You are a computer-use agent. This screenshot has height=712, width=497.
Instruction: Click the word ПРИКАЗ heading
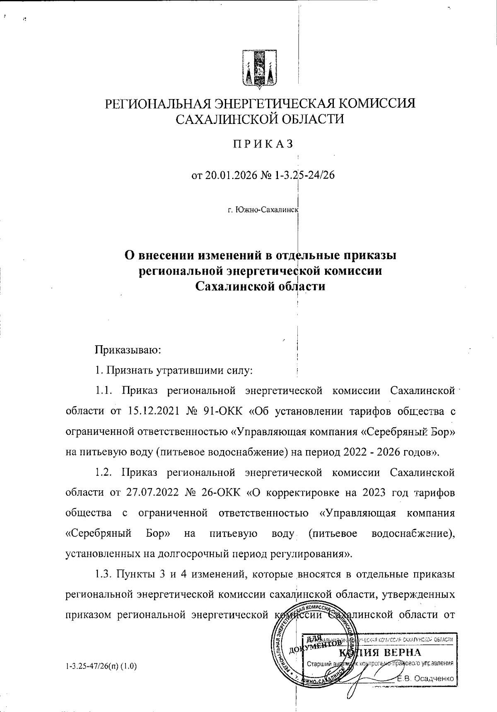[x=262, y=143]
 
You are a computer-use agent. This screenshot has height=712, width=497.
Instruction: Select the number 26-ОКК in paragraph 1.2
[x=224, y=493]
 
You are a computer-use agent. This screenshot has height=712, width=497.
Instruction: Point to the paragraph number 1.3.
[x=102, y=574]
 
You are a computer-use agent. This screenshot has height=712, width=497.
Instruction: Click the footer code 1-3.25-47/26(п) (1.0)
[x=101, y=667]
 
